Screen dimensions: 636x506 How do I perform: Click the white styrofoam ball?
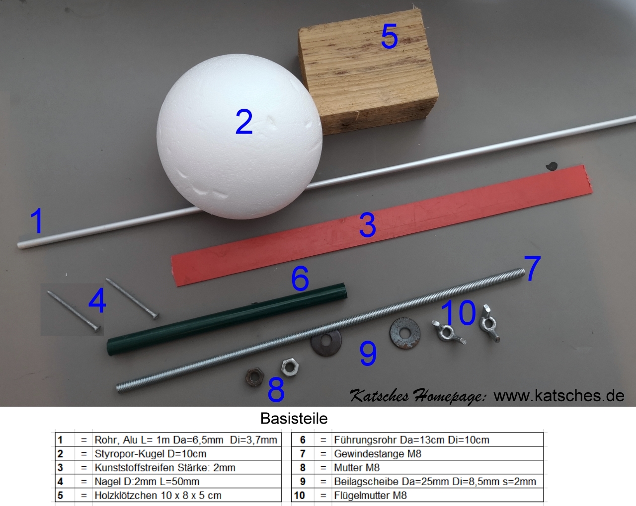[x=239, y=137]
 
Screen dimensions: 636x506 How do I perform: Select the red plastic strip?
[x=382, y=225]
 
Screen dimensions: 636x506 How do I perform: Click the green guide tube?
[x=227, y=319]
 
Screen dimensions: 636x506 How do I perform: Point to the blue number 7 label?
[x=532, y=268]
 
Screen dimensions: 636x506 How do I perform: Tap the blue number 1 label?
[x=37, y=220]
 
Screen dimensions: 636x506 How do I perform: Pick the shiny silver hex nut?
[x=290, y=367]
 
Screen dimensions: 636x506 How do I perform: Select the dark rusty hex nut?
[x=254, y=376]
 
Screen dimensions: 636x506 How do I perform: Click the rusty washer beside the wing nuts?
[x=405, y=333]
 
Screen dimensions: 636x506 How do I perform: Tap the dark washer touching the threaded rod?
[x=326, y=343]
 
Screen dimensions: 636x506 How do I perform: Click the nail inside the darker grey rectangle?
[x=74, y=311]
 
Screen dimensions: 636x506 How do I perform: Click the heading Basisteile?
[x=294, y=419]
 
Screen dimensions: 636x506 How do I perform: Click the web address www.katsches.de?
[x=559, y=396]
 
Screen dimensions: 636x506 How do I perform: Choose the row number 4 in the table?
[x=60, y=482]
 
